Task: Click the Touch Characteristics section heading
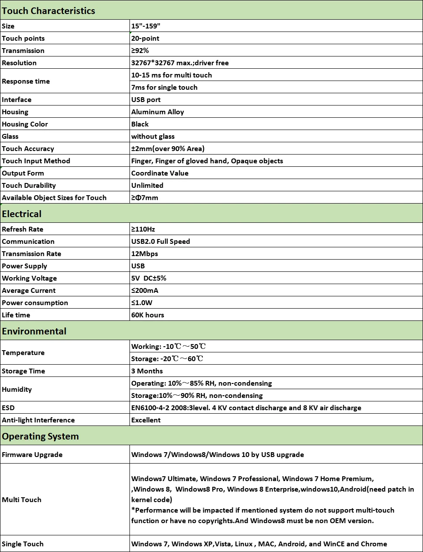pyautogui.click(x=49, y=11)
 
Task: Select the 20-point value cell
pyautogui.click(x=145, y=39)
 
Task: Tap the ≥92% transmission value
pyautogui.click(x=140, y=51)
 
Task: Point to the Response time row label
pyautogui.click(x=26, y=81)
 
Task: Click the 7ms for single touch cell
pyautogui.click(x=164, y=88)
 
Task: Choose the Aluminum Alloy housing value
pyautogui.click(x=157, y=112)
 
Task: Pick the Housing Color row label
pyautogui.click(x=25, y=124)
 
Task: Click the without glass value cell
pyautogui.click(x=153, y=137)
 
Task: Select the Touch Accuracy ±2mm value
pyautogui.click(x=168, y=149)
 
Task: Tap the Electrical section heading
pyautogui.click(x=22, y=214)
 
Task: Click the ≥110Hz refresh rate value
pyautogui.click(x=143, y=229)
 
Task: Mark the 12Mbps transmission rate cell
pyautogui.click(x=144, y=254)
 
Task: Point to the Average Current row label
pyautogui.click(x=29, y=291)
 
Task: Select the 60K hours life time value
pyautogui.click(x=147, y=315)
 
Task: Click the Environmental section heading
pyautogui.click(x=34, y=331)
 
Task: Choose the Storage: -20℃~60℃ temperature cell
pyautogui.click(x=168, y=359)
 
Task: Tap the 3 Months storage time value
pyautogui.click(x=147, y=371)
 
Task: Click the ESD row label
pyautogui.click(x=8, y=408)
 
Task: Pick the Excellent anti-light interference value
pyautogui.click(x=146, y=420)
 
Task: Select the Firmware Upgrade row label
pyautogui.click(x=32, y=455)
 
